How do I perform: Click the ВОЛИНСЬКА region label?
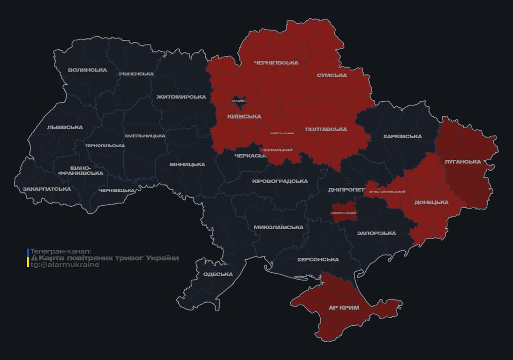click(x=87, y=70)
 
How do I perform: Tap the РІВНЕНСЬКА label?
click(x=136, y=74)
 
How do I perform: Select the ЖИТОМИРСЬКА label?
click(x=181, y=97)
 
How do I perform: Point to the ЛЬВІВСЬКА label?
click(x=65, y=127)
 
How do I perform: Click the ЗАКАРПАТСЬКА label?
click(x=46, y=189)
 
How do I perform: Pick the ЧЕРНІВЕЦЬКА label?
click(x=117, y=190)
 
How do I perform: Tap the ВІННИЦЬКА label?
click(x=187, y=165)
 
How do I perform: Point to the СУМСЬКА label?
click(x=332, y=75)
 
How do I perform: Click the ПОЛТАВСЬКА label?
click(x=326, y=129)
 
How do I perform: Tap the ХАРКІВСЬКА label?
click(x=402, y=136)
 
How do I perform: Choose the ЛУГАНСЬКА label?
click(x=463, y=162)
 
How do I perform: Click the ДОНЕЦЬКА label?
click(x=431, y=202)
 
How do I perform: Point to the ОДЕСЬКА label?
click(x=218, y=274)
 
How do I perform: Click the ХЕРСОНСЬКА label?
click(x=317, y=260)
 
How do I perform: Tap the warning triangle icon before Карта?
click(x=34, y=258)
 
